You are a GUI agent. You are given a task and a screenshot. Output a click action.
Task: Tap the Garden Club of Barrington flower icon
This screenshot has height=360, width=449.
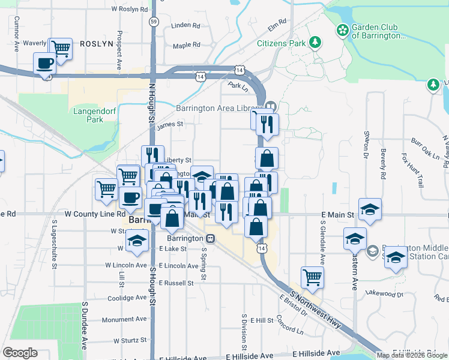point(343,30)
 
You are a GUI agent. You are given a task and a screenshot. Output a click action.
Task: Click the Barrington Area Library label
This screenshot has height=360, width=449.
point(218,108)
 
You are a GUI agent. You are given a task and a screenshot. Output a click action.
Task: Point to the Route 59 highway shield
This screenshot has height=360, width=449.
point(155,22)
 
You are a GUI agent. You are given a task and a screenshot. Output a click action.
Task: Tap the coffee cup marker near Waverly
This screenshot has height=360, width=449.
point(44,64)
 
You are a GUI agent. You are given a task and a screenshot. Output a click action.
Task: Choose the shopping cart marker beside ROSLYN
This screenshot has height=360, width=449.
point(60,48)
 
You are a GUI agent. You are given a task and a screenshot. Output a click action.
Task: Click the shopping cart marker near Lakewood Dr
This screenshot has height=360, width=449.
point(312,277)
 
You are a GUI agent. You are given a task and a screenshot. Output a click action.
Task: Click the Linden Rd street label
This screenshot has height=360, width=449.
point(185,26)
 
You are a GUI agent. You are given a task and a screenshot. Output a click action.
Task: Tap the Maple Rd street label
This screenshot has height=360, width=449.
point(186,45)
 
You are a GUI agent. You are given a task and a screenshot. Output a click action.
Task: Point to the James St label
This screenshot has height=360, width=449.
point(169,125)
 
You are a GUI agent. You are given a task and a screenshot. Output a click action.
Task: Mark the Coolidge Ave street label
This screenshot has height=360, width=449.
point(127,298)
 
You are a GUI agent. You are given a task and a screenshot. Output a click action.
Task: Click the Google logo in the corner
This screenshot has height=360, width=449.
point(20,352)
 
